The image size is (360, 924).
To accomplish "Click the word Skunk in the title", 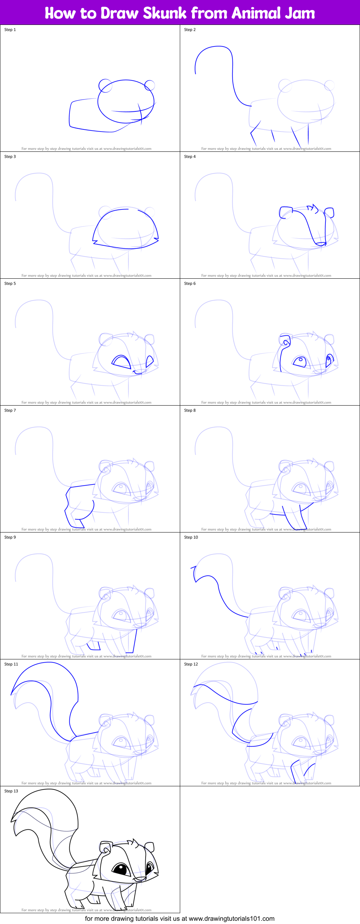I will (x=165, y=13).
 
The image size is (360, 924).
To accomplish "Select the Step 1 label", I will (x=10, y=30).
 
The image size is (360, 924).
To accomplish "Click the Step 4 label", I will (x=190, y=156).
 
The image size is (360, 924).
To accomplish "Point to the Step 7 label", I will (x=10, y=410).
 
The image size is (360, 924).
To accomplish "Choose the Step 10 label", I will (x=191, y=537).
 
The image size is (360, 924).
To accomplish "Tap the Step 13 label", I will (x=11, y=791).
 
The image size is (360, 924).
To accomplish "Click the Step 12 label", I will (x=191, y=664).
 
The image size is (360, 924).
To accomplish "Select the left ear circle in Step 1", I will (x=105, y=86).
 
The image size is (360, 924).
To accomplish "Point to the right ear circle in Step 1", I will (x=150, y=85).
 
